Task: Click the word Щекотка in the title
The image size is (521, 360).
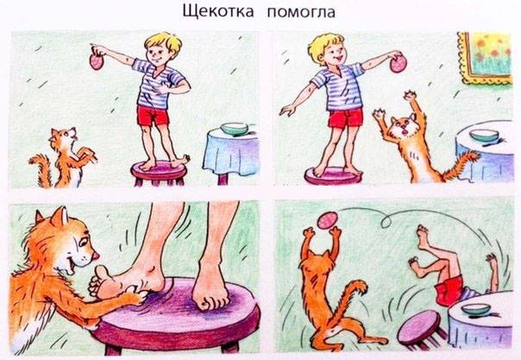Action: (218, 11)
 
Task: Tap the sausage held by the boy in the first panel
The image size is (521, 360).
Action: (97, 61)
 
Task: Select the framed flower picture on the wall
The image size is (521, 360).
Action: (485, 58)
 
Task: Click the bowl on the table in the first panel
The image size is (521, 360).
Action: (235, 129)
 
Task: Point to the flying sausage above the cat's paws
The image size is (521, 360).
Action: (328, 220)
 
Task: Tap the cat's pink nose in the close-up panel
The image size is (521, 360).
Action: (96, 255)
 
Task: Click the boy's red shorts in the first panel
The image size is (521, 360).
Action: (153, 116)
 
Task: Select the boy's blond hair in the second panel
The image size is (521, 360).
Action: (324, 45)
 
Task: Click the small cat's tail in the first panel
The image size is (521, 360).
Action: (41, 168)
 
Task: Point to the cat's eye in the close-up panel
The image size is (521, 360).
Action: (83, 242)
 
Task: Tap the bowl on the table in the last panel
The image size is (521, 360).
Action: (476, 309)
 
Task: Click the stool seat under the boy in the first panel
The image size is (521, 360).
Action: (160, 169)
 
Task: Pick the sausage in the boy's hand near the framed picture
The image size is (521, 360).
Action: (398, 64)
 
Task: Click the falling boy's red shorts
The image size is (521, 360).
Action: (450, 290)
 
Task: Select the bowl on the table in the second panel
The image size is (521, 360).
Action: (484, 135)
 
